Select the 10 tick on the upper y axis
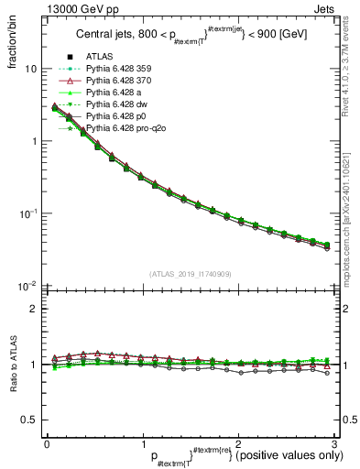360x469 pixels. (x=30, y=70)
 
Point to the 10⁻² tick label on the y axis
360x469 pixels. (x=27, y=287)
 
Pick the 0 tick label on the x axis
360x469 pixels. (x=47, y=443)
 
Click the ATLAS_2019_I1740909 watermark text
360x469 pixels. (x=190, y=274)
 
